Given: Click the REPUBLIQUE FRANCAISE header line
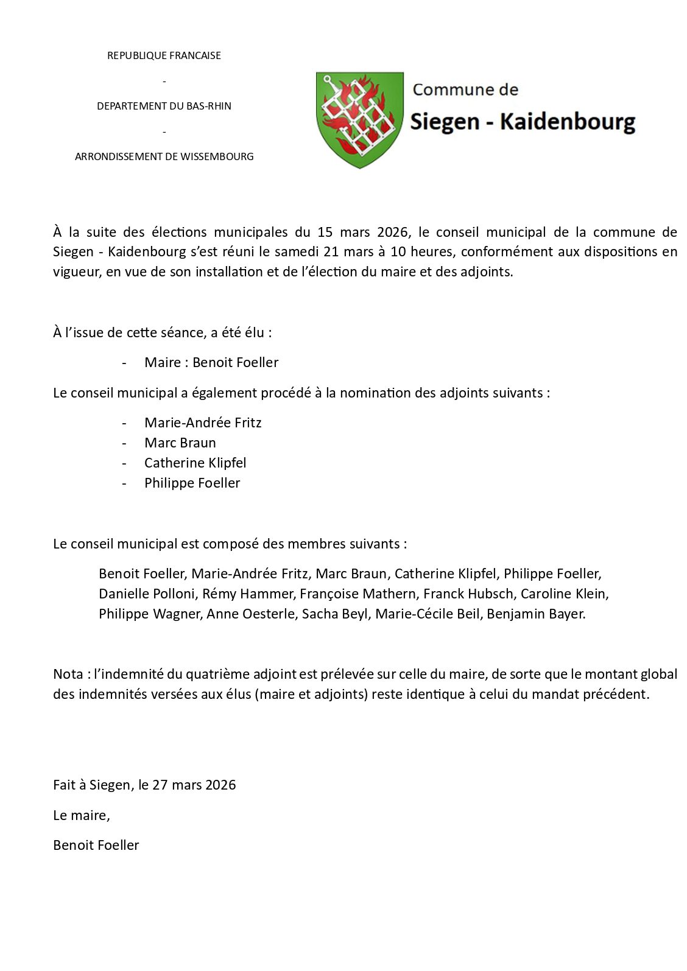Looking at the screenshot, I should pyautogui.click(x=164, y=55).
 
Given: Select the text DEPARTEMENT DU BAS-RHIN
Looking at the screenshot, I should pyautogui.click(x=164, y=106).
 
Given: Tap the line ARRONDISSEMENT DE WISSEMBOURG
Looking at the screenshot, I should pyautogui.click(x=164, y=156).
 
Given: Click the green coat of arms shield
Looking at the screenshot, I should pyautogui.click(x=359, y=119).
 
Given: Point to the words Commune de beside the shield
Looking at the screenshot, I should pyautogui.click(x=465, y=90).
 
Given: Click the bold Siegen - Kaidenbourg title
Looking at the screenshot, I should pyautogui.click(x=523, y=122).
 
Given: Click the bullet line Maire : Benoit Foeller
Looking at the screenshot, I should pyautogui.click(x=211, y=363).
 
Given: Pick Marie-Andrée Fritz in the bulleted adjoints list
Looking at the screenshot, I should pyautogui.click(x=203, y=423).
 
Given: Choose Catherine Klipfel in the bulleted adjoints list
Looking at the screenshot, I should pyautogui.click(x=195, y=463).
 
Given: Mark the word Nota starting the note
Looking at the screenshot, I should pyautogui.click(x=68, y=675).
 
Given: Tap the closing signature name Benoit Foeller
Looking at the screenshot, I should pyautogui.click(x=96, y=846).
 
